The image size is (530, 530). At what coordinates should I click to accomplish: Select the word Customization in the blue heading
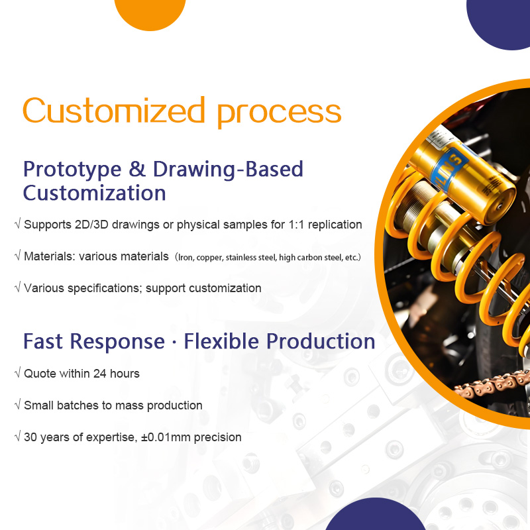click(x=94, y=193)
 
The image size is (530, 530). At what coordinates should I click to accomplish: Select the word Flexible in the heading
click(x=222, y=342)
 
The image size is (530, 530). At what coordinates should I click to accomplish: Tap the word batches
click(x=75, y=405)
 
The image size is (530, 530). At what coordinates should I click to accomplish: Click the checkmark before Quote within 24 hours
click(x=17, y=374)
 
